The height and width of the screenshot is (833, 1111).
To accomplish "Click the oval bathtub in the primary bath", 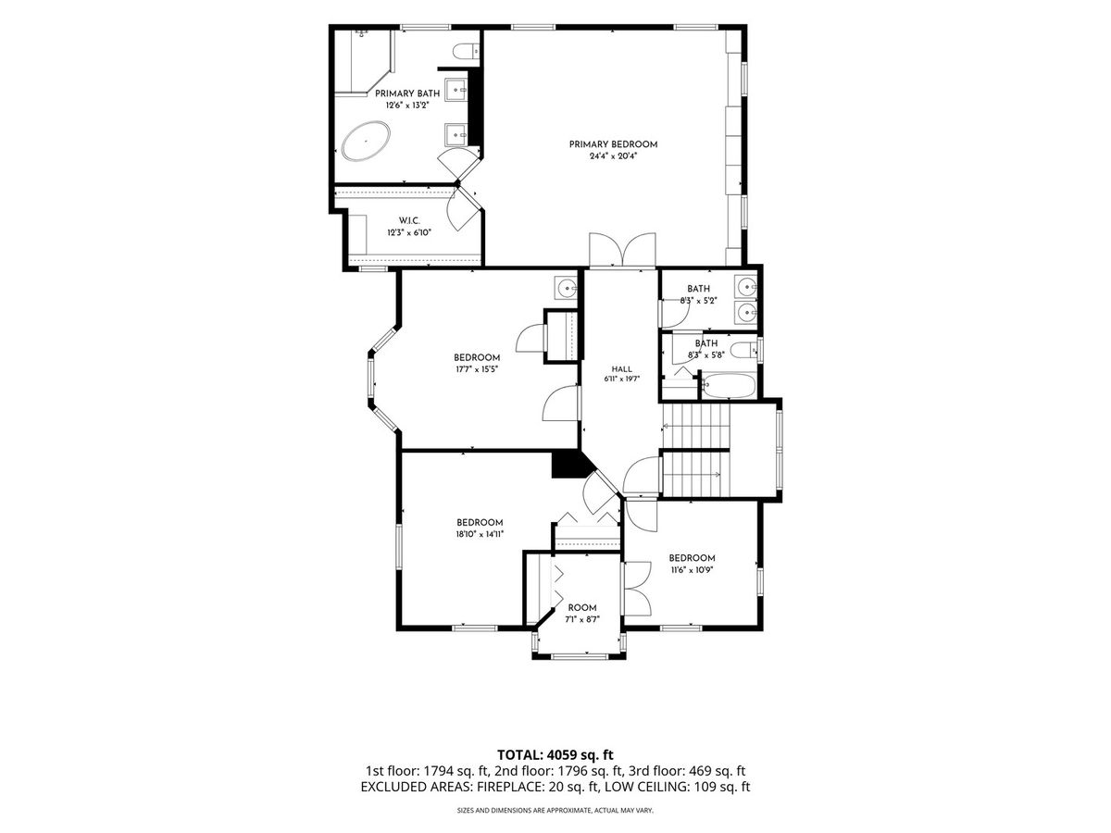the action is [x=366, y=141].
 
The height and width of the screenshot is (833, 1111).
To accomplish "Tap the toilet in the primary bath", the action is [x=465, y=51].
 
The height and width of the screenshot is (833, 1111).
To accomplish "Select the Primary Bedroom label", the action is [x=613, y=144].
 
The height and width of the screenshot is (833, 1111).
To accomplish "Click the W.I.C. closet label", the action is [x=409, y=220].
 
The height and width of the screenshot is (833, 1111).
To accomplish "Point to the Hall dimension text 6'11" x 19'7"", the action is [x=622, y=379].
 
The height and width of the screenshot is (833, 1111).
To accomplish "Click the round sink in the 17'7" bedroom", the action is [x=566, y=289].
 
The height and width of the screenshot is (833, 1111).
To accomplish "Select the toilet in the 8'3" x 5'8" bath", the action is [x=744, y=350].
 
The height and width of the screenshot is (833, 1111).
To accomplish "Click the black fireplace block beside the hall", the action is [x=570, y=465].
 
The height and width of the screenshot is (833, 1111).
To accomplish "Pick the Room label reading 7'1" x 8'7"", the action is [x=582, y=614].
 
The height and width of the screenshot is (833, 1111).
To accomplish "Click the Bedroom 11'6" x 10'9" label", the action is [x=692, y=564].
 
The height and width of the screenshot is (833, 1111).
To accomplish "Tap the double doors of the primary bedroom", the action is [x=622, y=249].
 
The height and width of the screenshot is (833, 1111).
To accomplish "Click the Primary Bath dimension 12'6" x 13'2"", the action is [x=407, y=106].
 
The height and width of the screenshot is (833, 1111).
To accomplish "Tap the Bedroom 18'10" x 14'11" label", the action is [x=480, y=528].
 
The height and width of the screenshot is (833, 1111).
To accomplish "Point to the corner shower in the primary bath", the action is [x=365, y=62].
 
